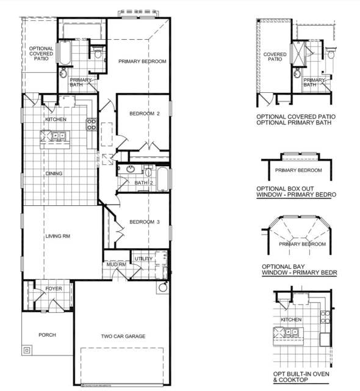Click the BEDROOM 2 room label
pos(144,114)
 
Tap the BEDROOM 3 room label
pos(144,222)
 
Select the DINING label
pos(54,174)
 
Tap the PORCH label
pos(47,335)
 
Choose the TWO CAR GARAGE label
pos(123,336)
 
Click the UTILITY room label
pos(143,259)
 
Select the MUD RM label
pos(115,264)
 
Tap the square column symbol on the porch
pos(27,351)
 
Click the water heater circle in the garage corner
pos(163,287)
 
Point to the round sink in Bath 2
pos(129,169)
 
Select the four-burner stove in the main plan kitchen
pos(91,125)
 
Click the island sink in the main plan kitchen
pos(58,136)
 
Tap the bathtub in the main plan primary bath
pos(65,53)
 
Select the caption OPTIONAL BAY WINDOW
pos(299,270)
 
